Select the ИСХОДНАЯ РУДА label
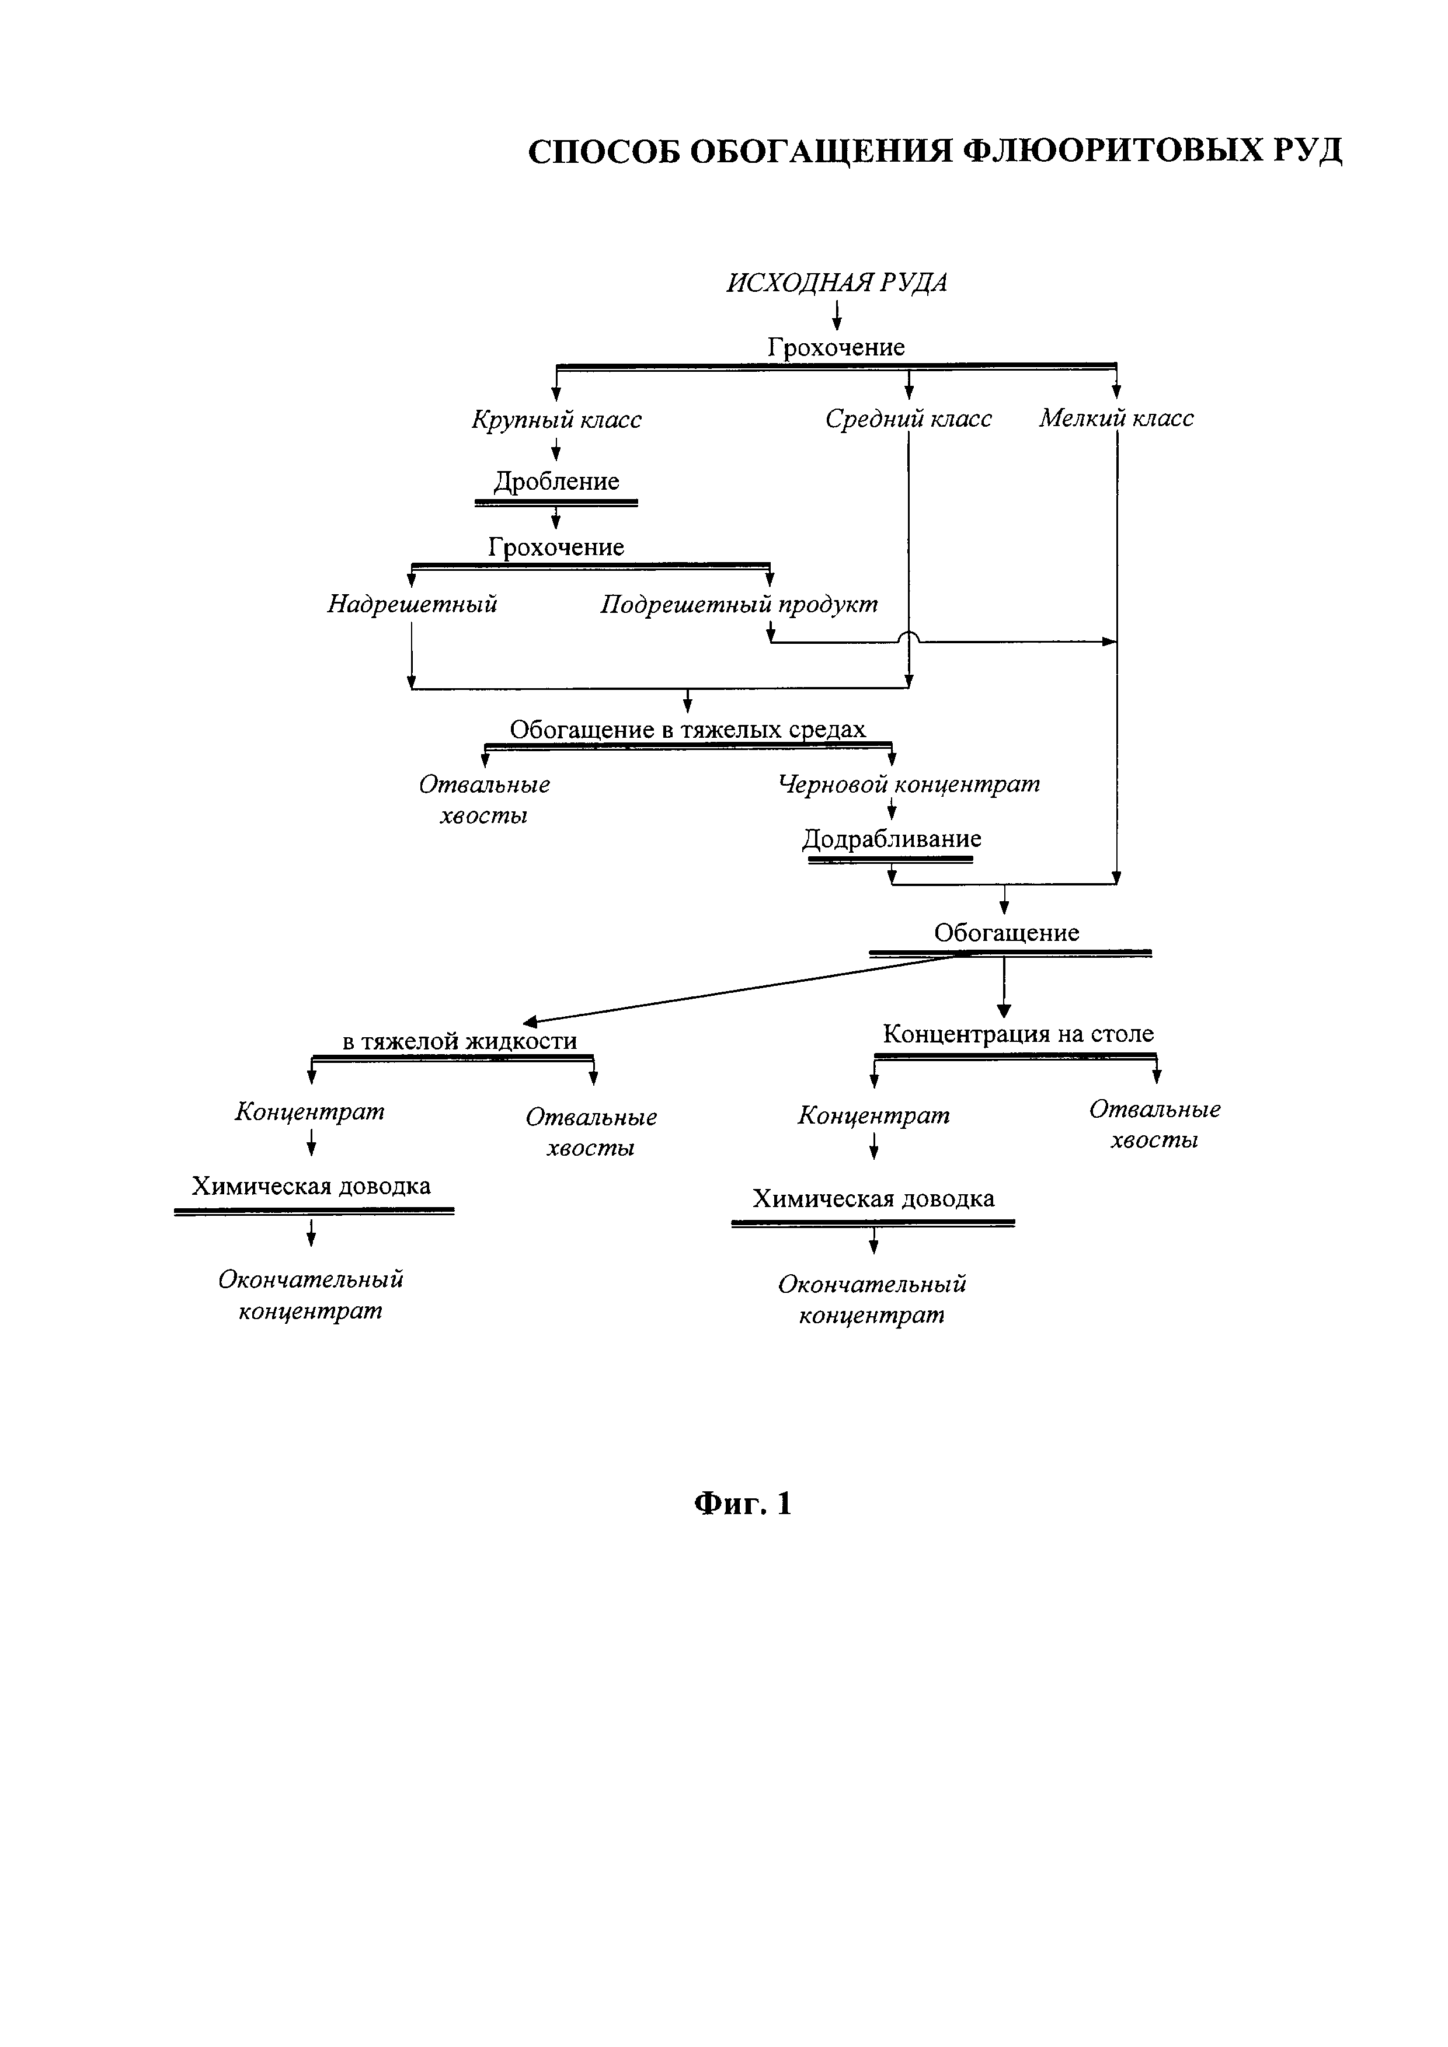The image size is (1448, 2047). coord(836,283)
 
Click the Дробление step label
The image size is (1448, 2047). coord(556,482)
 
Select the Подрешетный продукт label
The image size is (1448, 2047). coord(738,605)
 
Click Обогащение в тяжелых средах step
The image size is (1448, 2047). coord(687,729)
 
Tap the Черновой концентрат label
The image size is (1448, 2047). coord(909,784)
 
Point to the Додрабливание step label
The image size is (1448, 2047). coord(892,839)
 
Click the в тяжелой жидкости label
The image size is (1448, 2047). coord(459,1041)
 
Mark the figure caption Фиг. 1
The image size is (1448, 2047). coord(743,1504)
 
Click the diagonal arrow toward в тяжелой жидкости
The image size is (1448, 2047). coord(740,988)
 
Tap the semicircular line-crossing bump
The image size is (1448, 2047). coord(908,637)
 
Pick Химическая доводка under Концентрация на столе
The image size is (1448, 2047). coord(873,1198)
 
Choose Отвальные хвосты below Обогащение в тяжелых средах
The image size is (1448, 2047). coord(484,800)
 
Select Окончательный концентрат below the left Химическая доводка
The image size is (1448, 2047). coord(310,1295)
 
